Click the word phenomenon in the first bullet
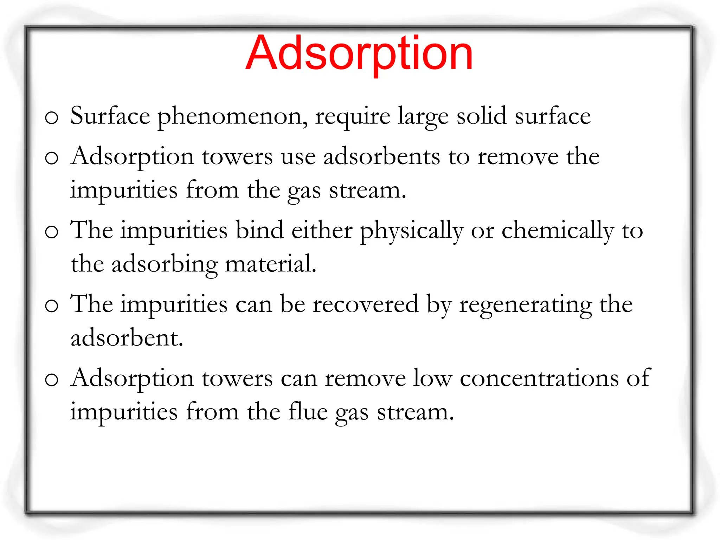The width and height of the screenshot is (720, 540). [x=232, y=117]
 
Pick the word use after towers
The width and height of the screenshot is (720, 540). [x=298, y=157]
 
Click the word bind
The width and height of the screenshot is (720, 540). [x=259, y=230]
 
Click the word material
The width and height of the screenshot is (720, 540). [x=270, y=264]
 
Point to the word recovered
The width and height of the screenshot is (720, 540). [x=366, y=304]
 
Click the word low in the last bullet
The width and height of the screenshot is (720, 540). [x=432, y=378]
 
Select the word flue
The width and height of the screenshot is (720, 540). [x=308, y=411]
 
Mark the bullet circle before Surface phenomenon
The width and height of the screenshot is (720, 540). [x=51, y=118]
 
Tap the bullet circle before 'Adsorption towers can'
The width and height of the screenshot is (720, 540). [x=51, y=380]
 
